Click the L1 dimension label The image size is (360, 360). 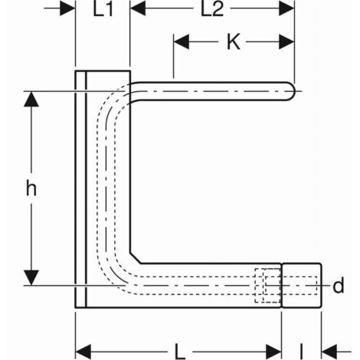click(x=103, y=10)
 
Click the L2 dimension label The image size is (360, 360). click(x=212, y=10)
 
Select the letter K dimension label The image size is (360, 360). click(x=234, y=41)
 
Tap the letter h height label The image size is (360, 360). click(x=31, y=188)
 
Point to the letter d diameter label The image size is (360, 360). click(x=339, y=285)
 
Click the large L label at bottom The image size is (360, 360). click(x=180, y=352)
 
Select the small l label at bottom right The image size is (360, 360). click(x=302, y=352)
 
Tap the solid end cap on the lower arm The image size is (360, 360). click(x=302, y=285)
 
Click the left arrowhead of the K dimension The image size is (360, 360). click(x=182, y=41)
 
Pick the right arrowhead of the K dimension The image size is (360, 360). click(x=286, y=41)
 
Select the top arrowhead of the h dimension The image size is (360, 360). click(x=31, y=99)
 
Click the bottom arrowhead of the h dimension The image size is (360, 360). click(x=31, y=277)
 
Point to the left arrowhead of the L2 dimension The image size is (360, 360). click(x=138, y=8)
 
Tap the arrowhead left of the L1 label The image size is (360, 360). click(x=67, y=8)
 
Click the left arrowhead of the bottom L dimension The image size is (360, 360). click(x=83, y=352)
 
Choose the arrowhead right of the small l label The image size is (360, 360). click(x=329, y=352)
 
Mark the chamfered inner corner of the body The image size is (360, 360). click(x=136, y=258)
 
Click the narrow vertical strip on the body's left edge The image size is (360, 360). click(x=81, y=189)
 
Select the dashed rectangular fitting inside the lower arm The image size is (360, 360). click(x=267, y=285)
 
